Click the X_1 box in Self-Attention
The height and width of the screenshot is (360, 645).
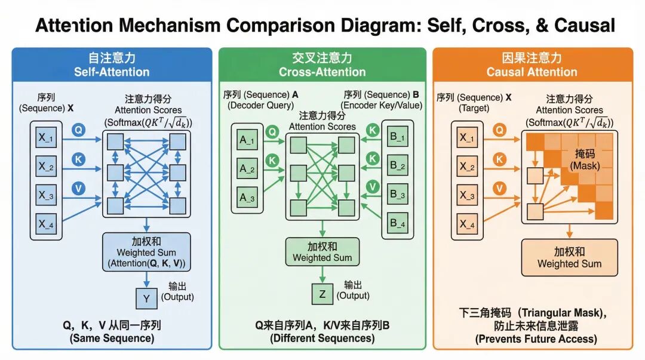tap(47, 139)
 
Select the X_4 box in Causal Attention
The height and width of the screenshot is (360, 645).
tap(468, 224)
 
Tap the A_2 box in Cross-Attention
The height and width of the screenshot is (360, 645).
tap(247, 168)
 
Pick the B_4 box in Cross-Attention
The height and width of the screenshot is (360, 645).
tap(398, 223)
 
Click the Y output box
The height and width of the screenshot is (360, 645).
tap(146, 297)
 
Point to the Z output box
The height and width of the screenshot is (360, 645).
tap(322, 293)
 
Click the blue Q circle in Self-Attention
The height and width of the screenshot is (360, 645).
tap(78, 129)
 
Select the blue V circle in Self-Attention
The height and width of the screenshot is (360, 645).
tap(78, 188)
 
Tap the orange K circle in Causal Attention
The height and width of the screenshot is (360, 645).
tap(500, 159)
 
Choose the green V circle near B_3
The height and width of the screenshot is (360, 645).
tap(373, 187)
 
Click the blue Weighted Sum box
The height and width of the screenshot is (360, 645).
tap(147, 252)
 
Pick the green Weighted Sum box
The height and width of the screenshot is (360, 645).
tap(322, 252)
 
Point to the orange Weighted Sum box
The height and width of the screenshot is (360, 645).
tap(569, 257)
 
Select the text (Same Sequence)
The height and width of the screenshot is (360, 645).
tap(112, 338)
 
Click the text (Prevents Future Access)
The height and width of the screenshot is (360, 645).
tap(536, 339)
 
